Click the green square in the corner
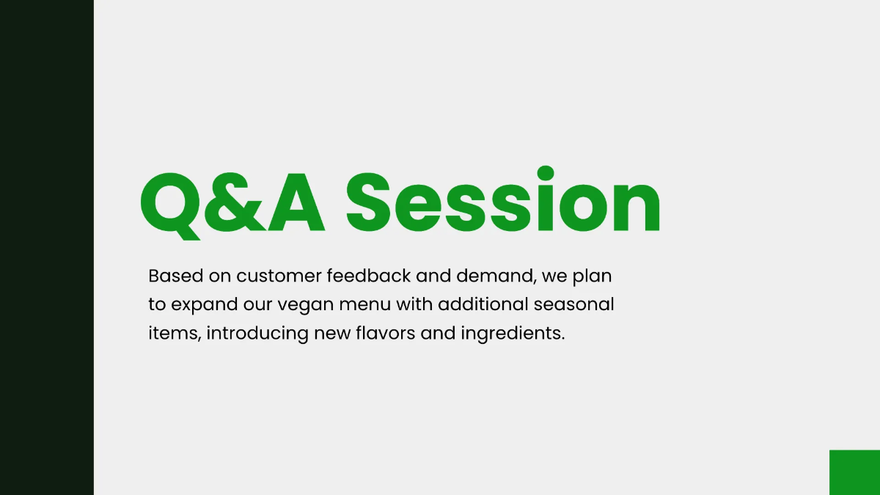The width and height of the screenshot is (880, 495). coord(854,472)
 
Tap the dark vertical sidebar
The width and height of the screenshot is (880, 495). coord(47,247)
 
